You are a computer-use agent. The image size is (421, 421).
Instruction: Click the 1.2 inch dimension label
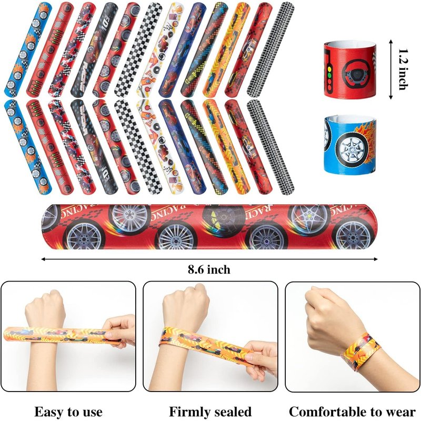403,69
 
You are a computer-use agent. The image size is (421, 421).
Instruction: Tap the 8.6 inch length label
209,269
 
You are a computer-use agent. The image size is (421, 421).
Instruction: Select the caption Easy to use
68,411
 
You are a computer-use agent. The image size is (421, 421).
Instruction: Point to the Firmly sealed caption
210,411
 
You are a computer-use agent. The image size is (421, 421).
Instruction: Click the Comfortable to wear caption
353,411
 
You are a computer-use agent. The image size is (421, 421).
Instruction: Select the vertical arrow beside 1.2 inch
390,69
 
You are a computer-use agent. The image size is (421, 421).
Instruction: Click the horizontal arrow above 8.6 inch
209,258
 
